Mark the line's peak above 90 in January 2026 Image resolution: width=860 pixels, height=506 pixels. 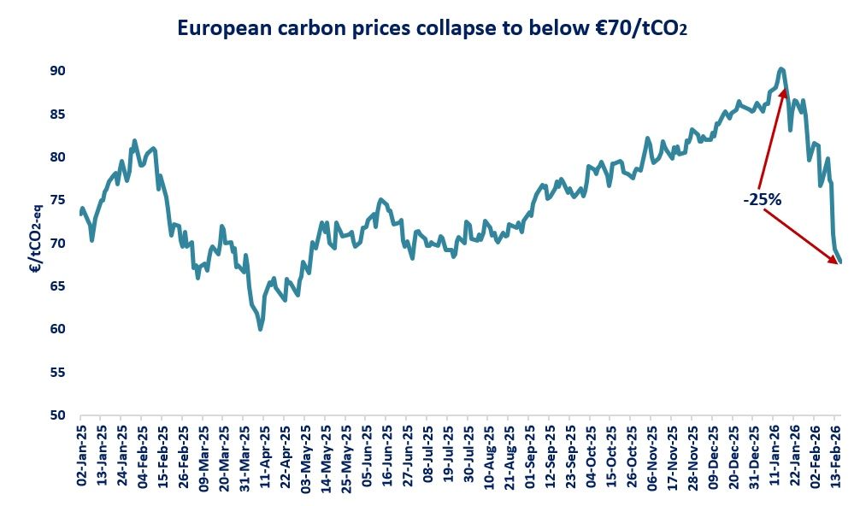(781, 68)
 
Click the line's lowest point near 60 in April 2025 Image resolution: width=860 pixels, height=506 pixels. (260, 328)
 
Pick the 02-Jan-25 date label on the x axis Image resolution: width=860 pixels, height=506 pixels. (82, 456)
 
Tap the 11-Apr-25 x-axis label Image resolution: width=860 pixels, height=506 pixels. (266, 456)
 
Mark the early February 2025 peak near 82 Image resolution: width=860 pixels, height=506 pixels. (134, 140)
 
